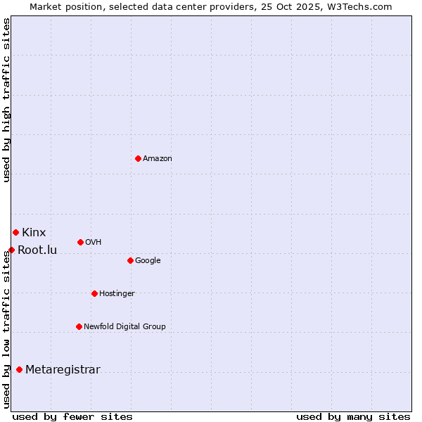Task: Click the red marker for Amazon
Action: click(138, 158)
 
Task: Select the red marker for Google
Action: click(130, 260)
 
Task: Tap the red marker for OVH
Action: click(80, 242)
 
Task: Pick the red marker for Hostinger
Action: click(94, 293)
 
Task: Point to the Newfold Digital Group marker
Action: click(79, 326)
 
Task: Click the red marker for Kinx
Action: click(15, 232)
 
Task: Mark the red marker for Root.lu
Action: click(11, 250)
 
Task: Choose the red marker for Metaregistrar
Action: click(19, 370)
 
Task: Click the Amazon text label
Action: click(158, 159)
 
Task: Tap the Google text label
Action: click(148, 261)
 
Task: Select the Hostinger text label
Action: click(117, 294)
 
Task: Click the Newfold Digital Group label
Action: click(124, 327)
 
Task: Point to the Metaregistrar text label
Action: click(63, 370)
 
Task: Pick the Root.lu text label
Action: click(37, 250)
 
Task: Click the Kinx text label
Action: click(34, 232)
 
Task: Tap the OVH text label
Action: click(94, 243)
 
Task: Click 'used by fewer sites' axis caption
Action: click(72, 416)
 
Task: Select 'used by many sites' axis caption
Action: click(353, 416)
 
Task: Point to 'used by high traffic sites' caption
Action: click(6, 100)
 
